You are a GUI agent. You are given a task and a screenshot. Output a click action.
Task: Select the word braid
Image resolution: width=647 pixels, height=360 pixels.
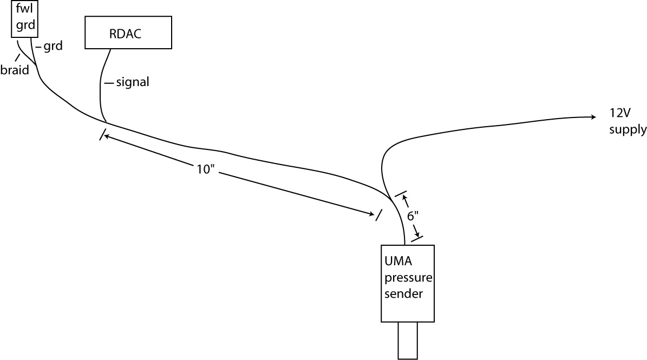[15, 70]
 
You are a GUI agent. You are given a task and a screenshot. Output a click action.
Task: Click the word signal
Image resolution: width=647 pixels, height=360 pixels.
[133, 83]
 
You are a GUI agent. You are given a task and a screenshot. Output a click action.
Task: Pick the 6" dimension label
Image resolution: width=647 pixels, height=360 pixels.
[413, 215]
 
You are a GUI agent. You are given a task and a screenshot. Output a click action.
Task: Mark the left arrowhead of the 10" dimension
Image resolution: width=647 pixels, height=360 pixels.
[106, 137]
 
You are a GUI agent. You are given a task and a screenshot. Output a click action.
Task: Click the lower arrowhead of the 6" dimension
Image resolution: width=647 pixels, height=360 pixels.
[416, 233]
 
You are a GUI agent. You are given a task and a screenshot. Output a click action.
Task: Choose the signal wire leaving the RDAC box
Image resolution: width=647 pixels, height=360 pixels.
[101, 87]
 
